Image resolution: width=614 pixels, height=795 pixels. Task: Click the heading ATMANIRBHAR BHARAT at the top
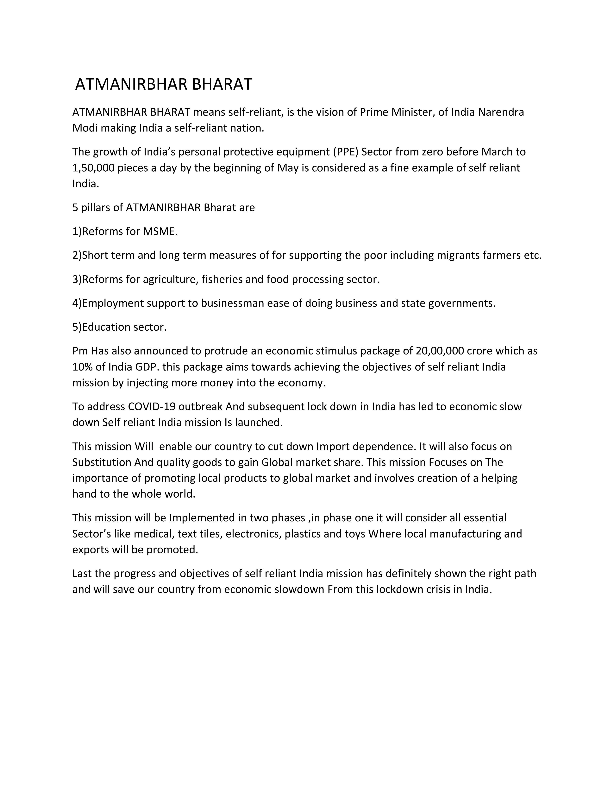pos(163,85)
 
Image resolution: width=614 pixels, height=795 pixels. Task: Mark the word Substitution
pos(102,462)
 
